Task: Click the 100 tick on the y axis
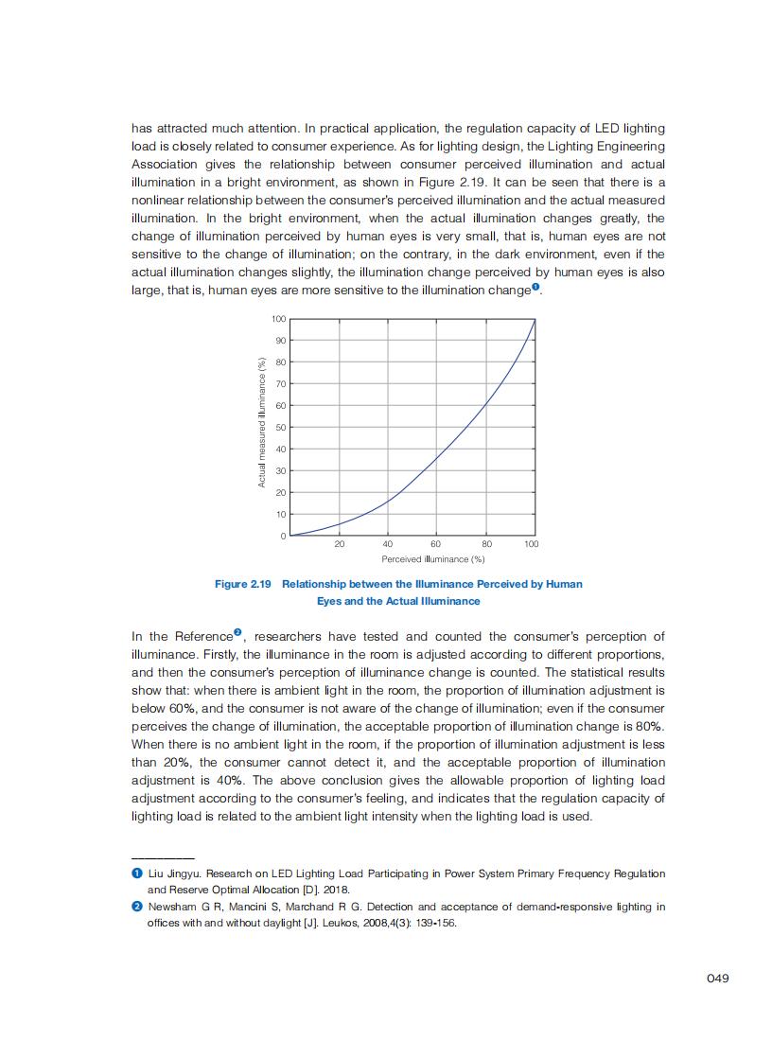click(280, 318)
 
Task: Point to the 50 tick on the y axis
click(281, 428)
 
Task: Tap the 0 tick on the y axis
click(283, 537)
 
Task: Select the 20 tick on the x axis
click(339, 544)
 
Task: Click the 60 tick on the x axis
click(436, 544)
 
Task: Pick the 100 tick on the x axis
click(532, 544)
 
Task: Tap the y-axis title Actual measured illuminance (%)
click(261, 422)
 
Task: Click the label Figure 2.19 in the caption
click(242, 584)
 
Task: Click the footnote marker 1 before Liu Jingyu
click(136, 873)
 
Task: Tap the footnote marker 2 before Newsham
click(136, 907)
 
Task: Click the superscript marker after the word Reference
click(238, 632)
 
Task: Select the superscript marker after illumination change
click(535, 287)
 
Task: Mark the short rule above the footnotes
click(163, 857)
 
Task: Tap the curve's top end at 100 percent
click(535, 319)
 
